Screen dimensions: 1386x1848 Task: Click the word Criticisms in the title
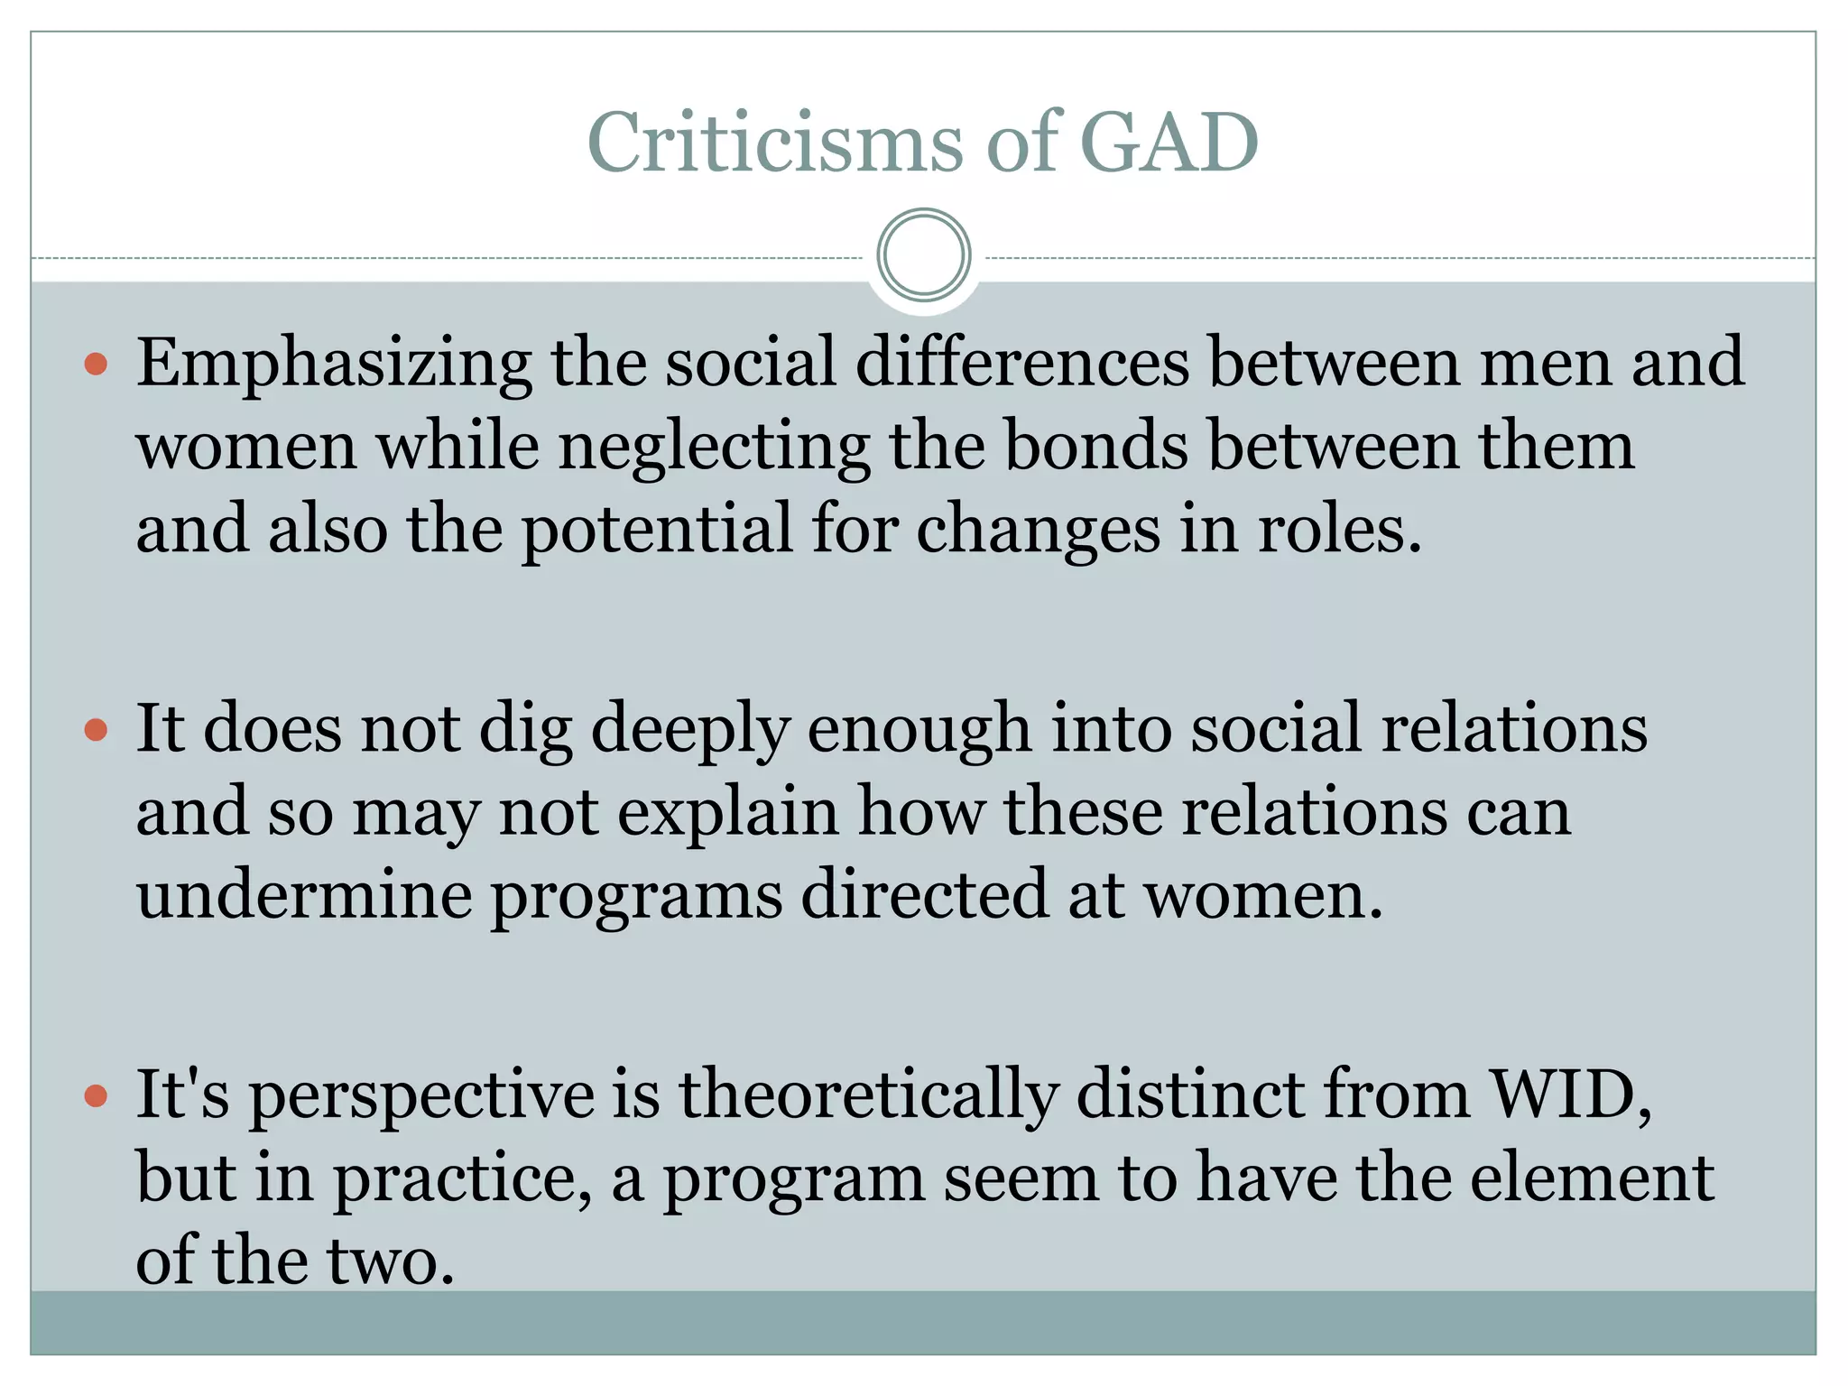coord(775,143)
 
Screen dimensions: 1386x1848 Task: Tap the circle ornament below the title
coord(923,255)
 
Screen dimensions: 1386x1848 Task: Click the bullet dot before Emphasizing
coord(96,365)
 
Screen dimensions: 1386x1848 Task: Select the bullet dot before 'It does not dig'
coord(96,730)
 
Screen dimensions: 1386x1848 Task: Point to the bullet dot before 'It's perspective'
coord(96,1096)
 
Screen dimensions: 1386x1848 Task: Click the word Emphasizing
coord(334,363)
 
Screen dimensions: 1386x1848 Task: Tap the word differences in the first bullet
coord(1022,363)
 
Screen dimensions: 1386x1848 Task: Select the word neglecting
coord(714,447)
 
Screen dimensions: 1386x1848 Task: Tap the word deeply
coord(690,730)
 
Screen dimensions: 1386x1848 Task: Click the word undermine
coord(304,896)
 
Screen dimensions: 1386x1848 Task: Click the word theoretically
coord(868,1095)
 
